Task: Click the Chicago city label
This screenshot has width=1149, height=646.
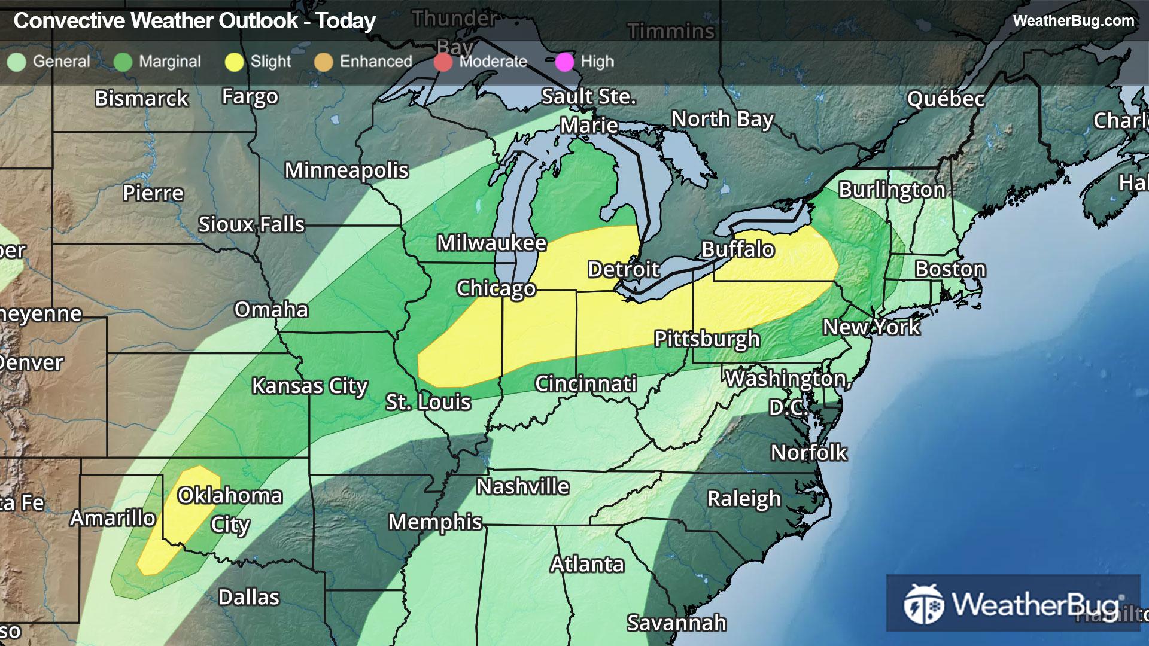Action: pos(496,288)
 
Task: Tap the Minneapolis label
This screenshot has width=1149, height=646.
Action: pos(346,170)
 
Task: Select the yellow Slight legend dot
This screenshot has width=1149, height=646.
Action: pos(234,62)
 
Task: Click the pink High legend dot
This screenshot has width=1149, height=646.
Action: pos(564,62)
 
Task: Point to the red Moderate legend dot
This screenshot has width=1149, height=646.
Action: pos(443,62)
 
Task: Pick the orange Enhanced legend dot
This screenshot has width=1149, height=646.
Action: pos(323,62)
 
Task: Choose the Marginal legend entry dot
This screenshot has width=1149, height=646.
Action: pos(123,62)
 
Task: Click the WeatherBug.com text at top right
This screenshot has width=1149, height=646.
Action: pos(1073,20)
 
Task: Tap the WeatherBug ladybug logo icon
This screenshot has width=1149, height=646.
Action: pos(923,604)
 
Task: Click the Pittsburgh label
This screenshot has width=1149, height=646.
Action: pos(707,339)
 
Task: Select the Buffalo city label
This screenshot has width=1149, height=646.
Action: pos(738,249)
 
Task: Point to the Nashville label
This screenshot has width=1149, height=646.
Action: pos(522,486)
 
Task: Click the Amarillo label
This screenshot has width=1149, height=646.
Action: pos(113,518)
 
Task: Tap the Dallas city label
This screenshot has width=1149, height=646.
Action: pos(248,597)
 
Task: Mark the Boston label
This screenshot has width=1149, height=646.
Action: pos(950,269)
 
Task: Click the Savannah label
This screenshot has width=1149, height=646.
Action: pos(676,623)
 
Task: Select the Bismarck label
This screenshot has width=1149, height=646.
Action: pos(141,98)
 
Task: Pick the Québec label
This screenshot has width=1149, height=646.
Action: pos(946,99)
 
